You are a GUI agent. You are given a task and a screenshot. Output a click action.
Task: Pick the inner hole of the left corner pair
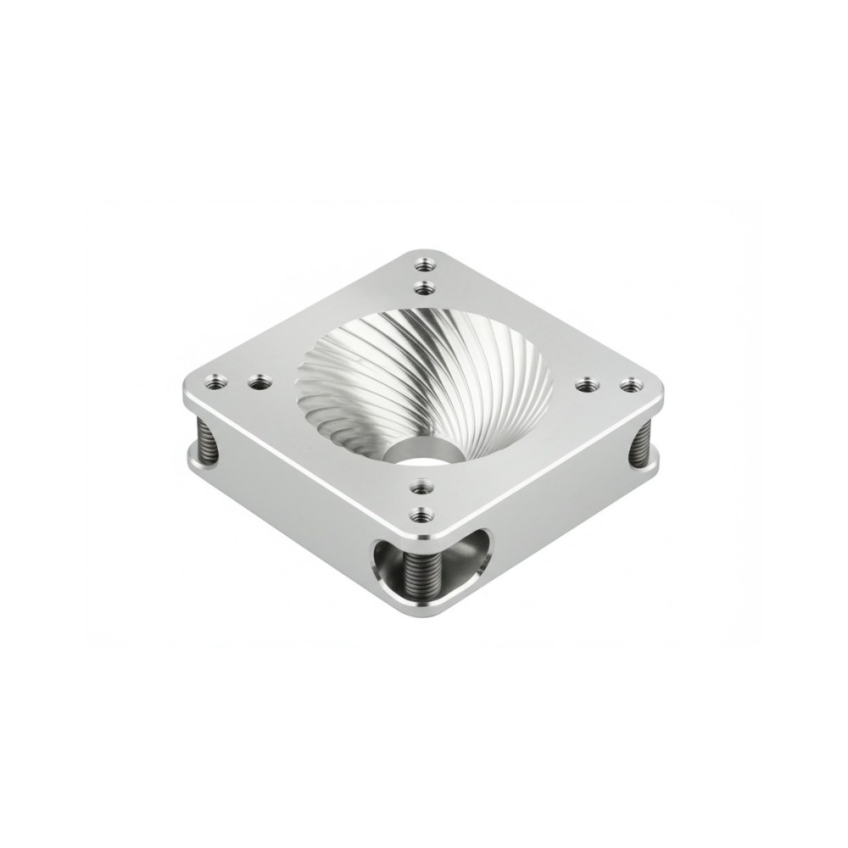tap(255, 383)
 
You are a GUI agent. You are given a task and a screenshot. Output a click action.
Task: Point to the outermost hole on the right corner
tap(628, 385)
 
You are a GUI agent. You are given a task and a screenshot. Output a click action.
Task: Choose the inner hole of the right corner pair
tap(584, 385)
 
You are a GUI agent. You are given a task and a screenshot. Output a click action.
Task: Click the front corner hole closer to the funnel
tap(417, 486)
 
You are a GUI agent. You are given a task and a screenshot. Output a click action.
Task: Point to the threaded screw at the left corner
tap(204, 440)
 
